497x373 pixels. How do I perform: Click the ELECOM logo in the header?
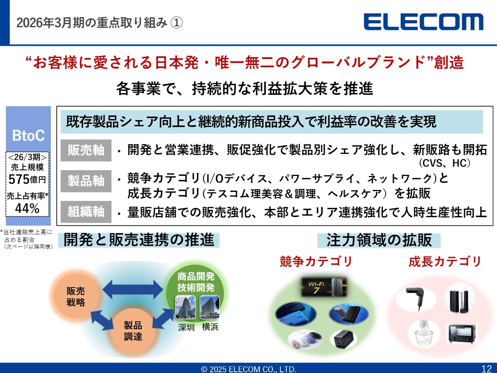[423, 22]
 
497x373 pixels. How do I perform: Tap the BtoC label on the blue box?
[28, 136]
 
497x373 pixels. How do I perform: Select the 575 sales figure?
[19, 180]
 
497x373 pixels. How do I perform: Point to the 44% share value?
[27, 208]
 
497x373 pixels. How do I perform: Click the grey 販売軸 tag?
[86, 150]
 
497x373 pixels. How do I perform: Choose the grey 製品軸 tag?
[86, 181]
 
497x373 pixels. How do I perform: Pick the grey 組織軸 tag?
[86, 212]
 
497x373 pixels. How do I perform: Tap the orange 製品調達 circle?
[133, 331]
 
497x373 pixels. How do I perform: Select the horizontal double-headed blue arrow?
[133, 289]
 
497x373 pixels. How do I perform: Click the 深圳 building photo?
[186, 307]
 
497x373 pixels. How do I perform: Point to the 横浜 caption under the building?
[210, 327]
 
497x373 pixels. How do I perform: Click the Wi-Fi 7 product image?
[324, 287]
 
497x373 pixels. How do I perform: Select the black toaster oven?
[462, 333]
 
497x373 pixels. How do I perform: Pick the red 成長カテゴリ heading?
[445, 261]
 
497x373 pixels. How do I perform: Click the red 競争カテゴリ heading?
[316, 261]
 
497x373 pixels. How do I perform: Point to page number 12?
[487, 369]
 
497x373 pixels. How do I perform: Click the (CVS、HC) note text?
[445, 163]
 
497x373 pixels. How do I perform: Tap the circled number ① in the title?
[176, 23]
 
